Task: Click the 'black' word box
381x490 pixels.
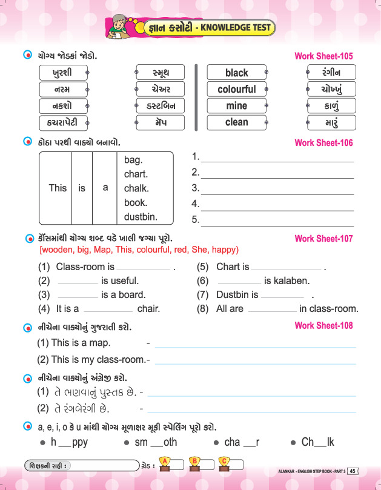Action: coord(236,73)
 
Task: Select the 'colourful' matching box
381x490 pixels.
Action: coord(236,89)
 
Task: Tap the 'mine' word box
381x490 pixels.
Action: coord(236,105)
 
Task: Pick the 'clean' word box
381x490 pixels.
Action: coord(236,122)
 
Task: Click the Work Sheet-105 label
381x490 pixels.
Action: coord(323,56)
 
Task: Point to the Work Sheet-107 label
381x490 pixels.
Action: coord(323,239)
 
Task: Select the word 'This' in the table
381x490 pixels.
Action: coord(58,188)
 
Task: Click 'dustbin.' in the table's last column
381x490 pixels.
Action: coord(141,217)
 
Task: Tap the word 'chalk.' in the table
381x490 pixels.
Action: coord(136,188)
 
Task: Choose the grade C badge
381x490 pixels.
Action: coord(224,464)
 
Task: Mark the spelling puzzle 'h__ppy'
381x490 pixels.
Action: coord(69,442)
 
